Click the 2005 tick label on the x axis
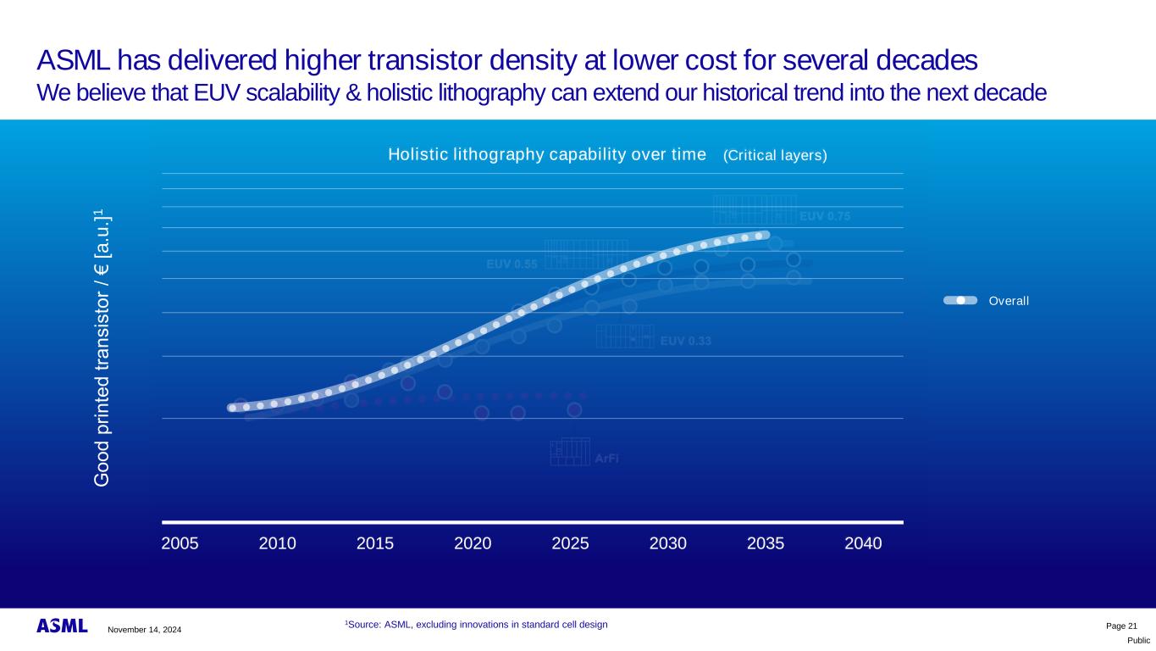pos(180,543)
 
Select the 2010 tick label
pos(277,543)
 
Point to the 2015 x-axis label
pos(375,543)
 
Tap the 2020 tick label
pos(473,543)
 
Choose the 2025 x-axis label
pos(570,543)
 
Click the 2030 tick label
pos(668,543)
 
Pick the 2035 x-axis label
pos(766,543)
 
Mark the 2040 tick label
pos(864,543)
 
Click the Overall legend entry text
pos(1009,301)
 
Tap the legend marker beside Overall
pos(960,300)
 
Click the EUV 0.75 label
pos(825,216)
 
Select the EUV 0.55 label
pos(512,264)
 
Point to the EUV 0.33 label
pos(685,342)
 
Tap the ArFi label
pos(606,459)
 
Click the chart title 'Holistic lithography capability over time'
pos(546,154)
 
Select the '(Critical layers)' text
pos(775,155)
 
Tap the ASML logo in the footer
pos(62,626)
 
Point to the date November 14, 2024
pos(144,629)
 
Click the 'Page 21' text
pos(1121,626)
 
